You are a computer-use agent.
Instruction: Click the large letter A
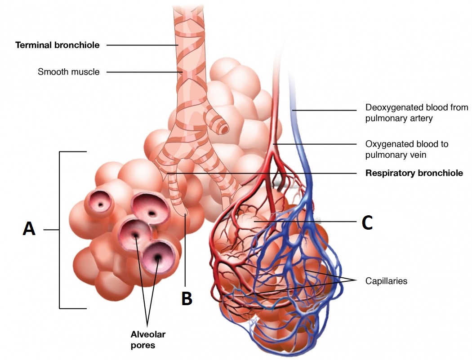(x=29, y=229)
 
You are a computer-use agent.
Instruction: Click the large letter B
(x=187, y=298)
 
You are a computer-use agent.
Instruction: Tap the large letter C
(x=367, y=222)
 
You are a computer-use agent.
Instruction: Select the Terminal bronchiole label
(x=58, y=45)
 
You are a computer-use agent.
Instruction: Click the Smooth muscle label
(x=69, y=71)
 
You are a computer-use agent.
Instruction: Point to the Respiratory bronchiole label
(x=414, y=173)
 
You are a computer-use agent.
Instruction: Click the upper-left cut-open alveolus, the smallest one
(x=99, y=202)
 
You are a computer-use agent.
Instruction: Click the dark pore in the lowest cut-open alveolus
(x=158, y=257)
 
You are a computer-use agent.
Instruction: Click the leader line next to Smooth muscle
(x=142, y=71)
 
